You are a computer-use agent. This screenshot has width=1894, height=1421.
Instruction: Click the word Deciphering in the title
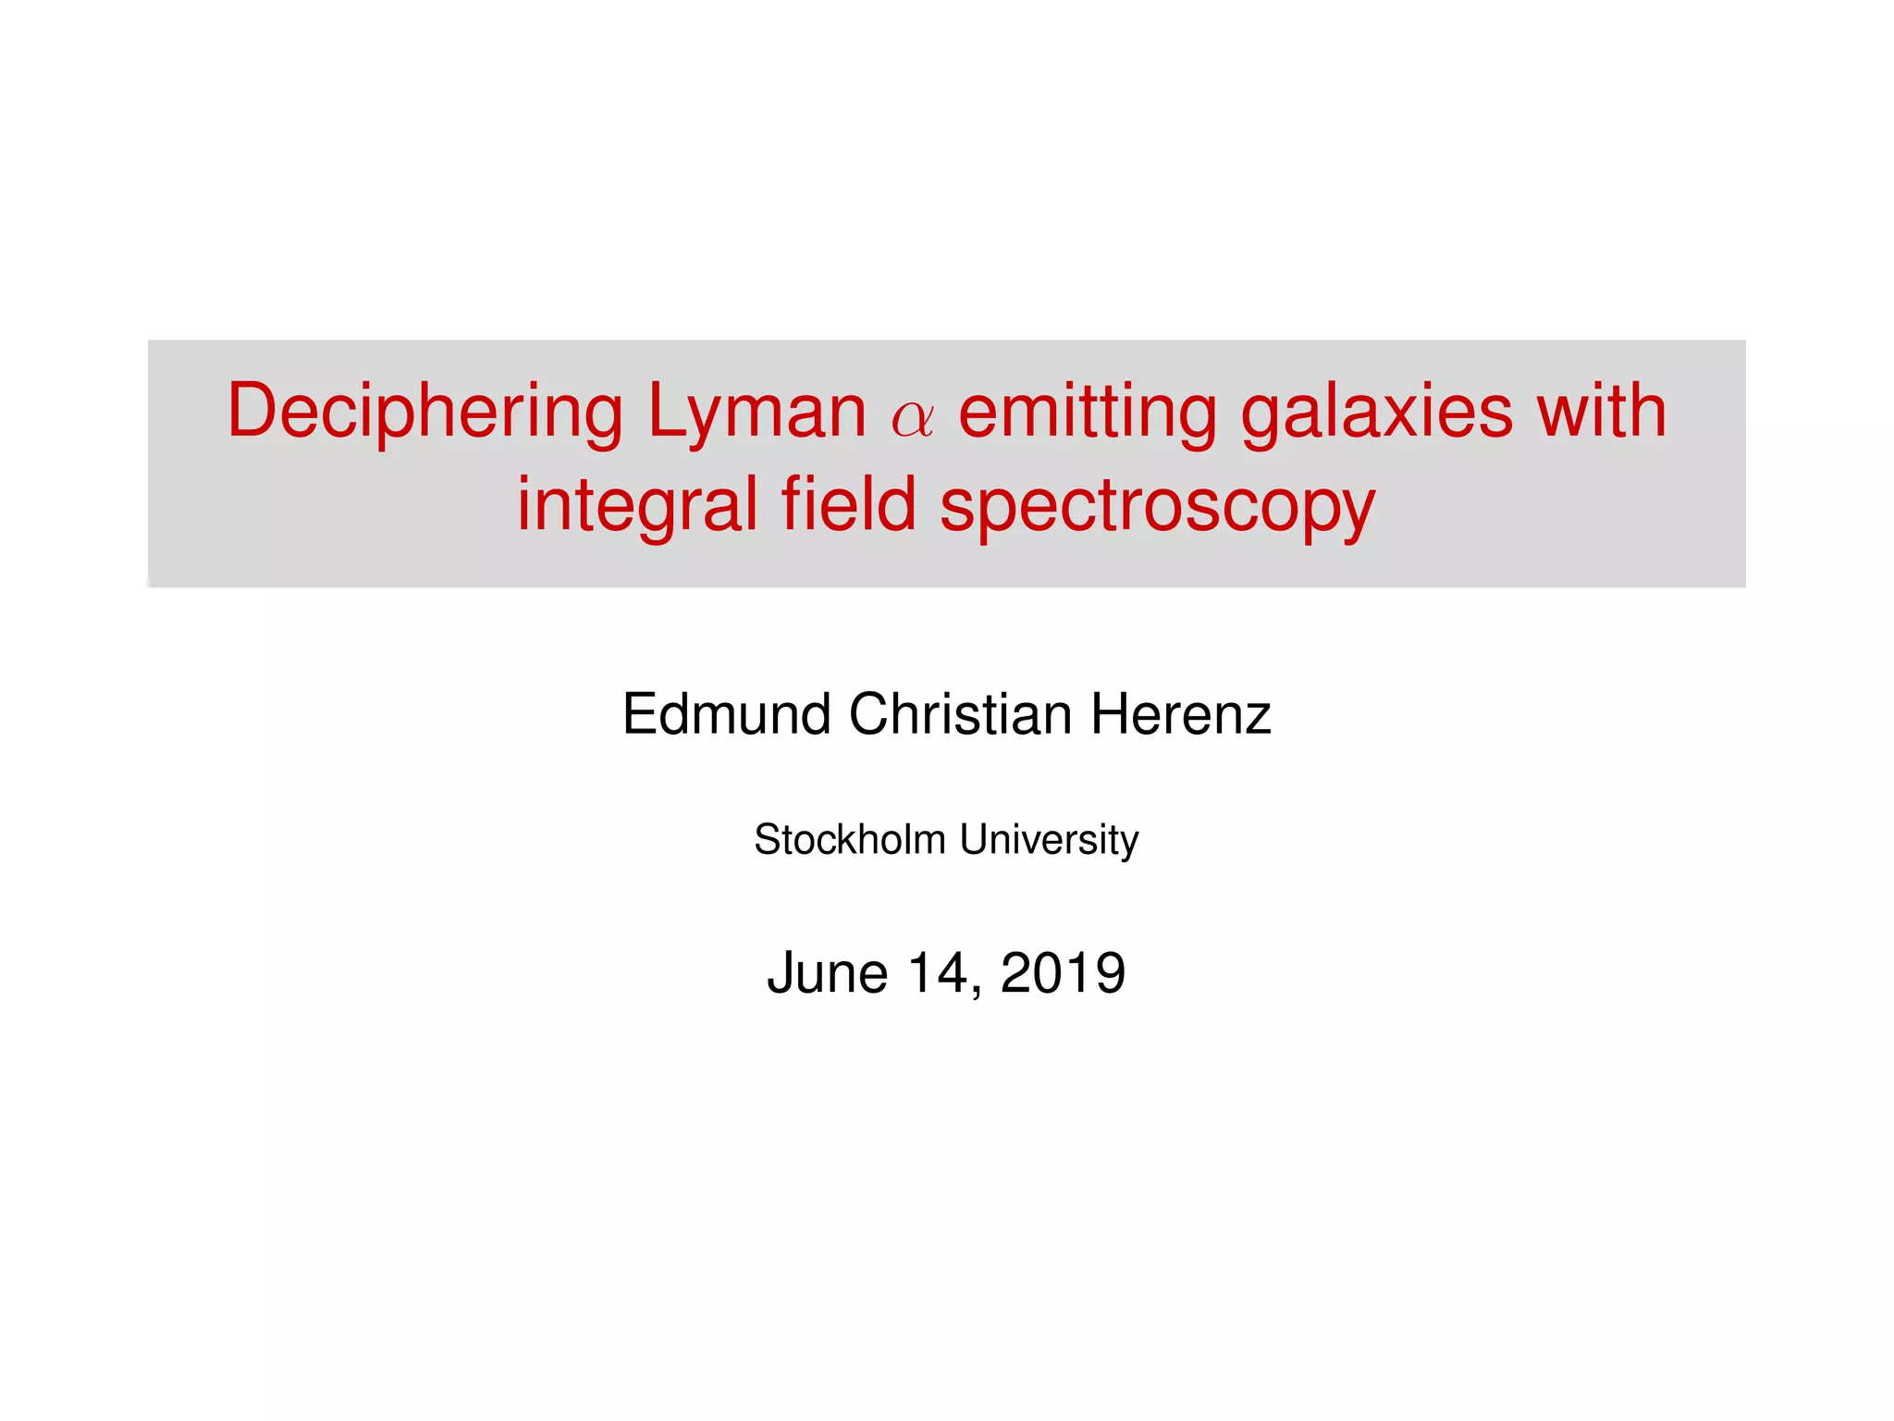[x=425, y=412]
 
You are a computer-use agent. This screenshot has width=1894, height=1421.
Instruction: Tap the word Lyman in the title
[x=756, y=412]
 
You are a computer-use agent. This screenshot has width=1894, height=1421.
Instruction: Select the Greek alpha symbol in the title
[x=913, y=418]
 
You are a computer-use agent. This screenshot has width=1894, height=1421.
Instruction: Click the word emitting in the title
[x=1088, y=412]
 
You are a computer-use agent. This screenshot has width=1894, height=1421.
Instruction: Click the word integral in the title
[x=637, y=506]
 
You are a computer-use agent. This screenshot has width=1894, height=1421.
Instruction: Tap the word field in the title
[x=848, y=504]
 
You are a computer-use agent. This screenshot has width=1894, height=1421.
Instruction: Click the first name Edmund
[x=726, y=714]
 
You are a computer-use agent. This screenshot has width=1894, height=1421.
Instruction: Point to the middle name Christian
[x=960, y=714]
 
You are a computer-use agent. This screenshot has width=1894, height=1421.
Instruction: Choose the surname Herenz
[x=1181, y=714]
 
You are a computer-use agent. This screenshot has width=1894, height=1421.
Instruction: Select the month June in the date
[x=828, y=973]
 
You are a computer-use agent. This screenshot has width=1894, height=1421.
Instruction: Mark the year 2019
[x=1063, y=973]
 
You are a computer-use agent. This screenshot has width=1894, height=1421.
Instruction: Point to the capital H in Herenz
[x=1110, y=714]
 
